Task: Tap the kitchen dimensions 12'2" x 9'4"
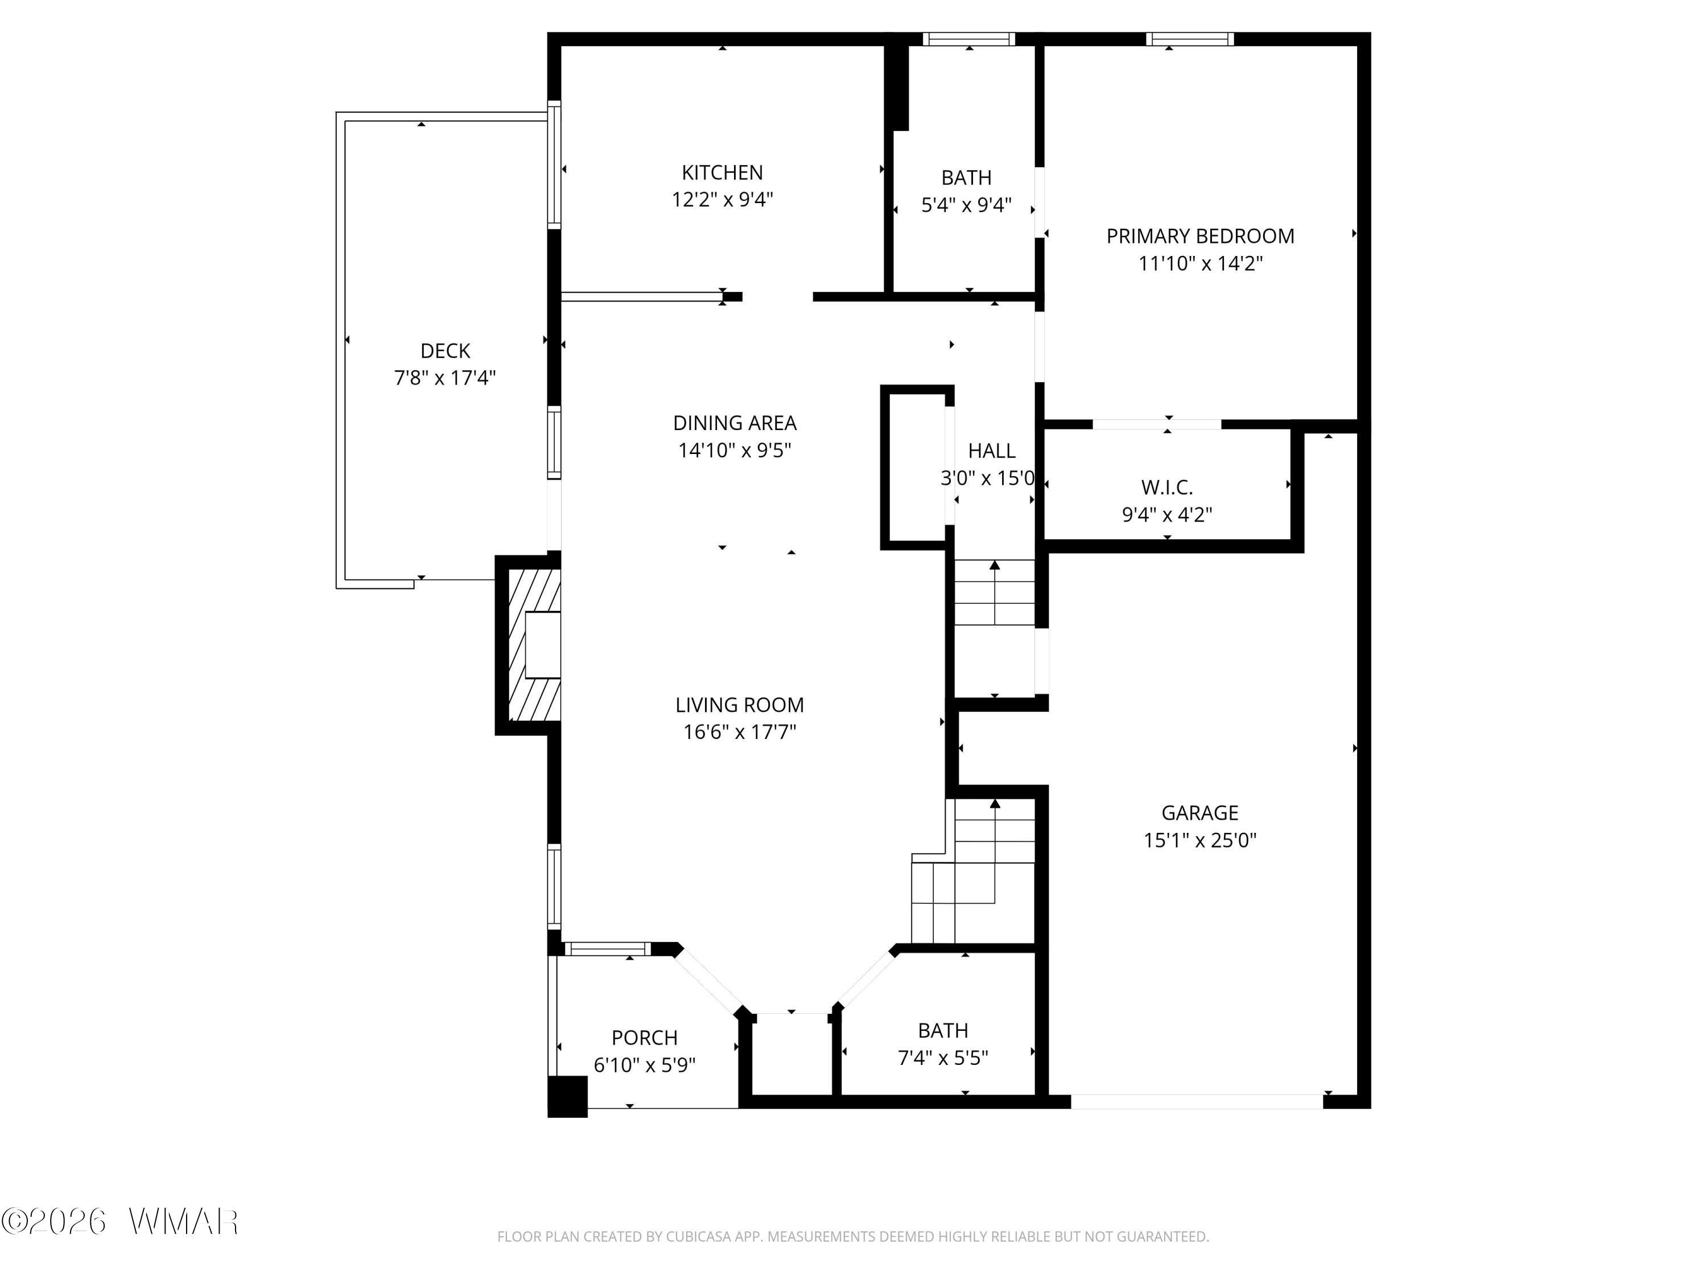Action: pos(721,200)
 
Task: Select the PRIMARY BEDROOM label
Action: pos(1200,236)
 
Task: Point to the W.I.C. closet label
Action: pos(1167,488)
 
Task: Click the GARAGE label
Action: pos(1200,812)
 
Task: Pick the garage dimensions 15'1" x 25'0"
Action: pos(1200,840)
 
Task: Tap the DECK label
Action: pos(446,351)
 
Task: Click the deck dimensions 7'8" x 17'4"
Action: pos(446,378)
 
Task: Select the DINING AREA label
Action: pos(735,423)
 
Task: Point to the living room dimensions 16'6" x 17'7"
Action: pos(739,732)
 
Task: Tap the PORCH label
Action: pos(644,1038)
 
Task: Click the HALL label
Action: pos(992,451)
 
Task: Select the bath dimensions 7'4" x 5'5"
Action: pos(943,1058)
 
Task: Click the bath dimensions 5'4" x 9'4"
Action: pos(966,205)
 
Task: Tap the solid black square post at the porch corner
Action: pos(568,1096)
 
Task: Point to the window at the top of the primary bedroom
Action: pos(1189,39)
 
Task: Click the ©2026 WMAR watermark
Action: pos(119,1221)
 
